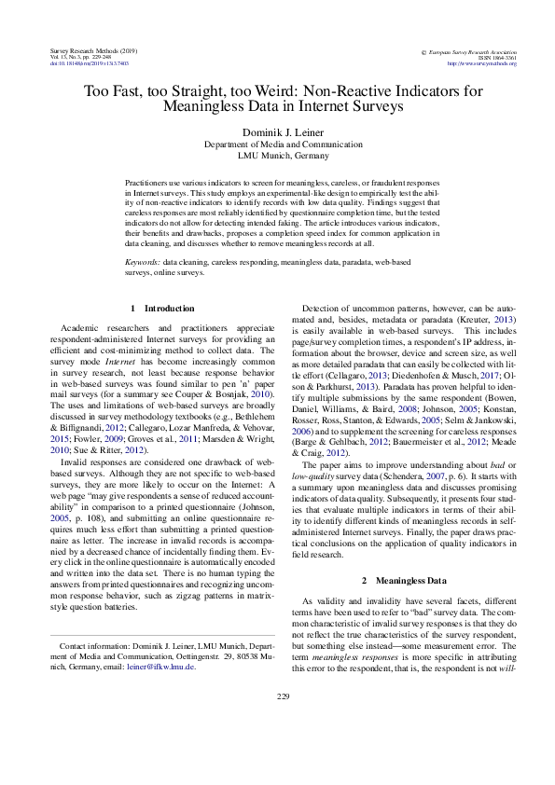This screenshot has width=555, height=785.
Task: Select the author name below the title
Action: [277, 133]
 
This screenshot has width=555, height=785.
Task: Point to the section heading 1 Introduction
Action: [162, 308]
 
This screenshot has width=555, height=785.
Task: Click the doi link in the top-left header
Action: [88, 63]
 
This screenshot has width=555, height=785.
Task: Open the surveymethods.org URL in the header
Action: [481, 63]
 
